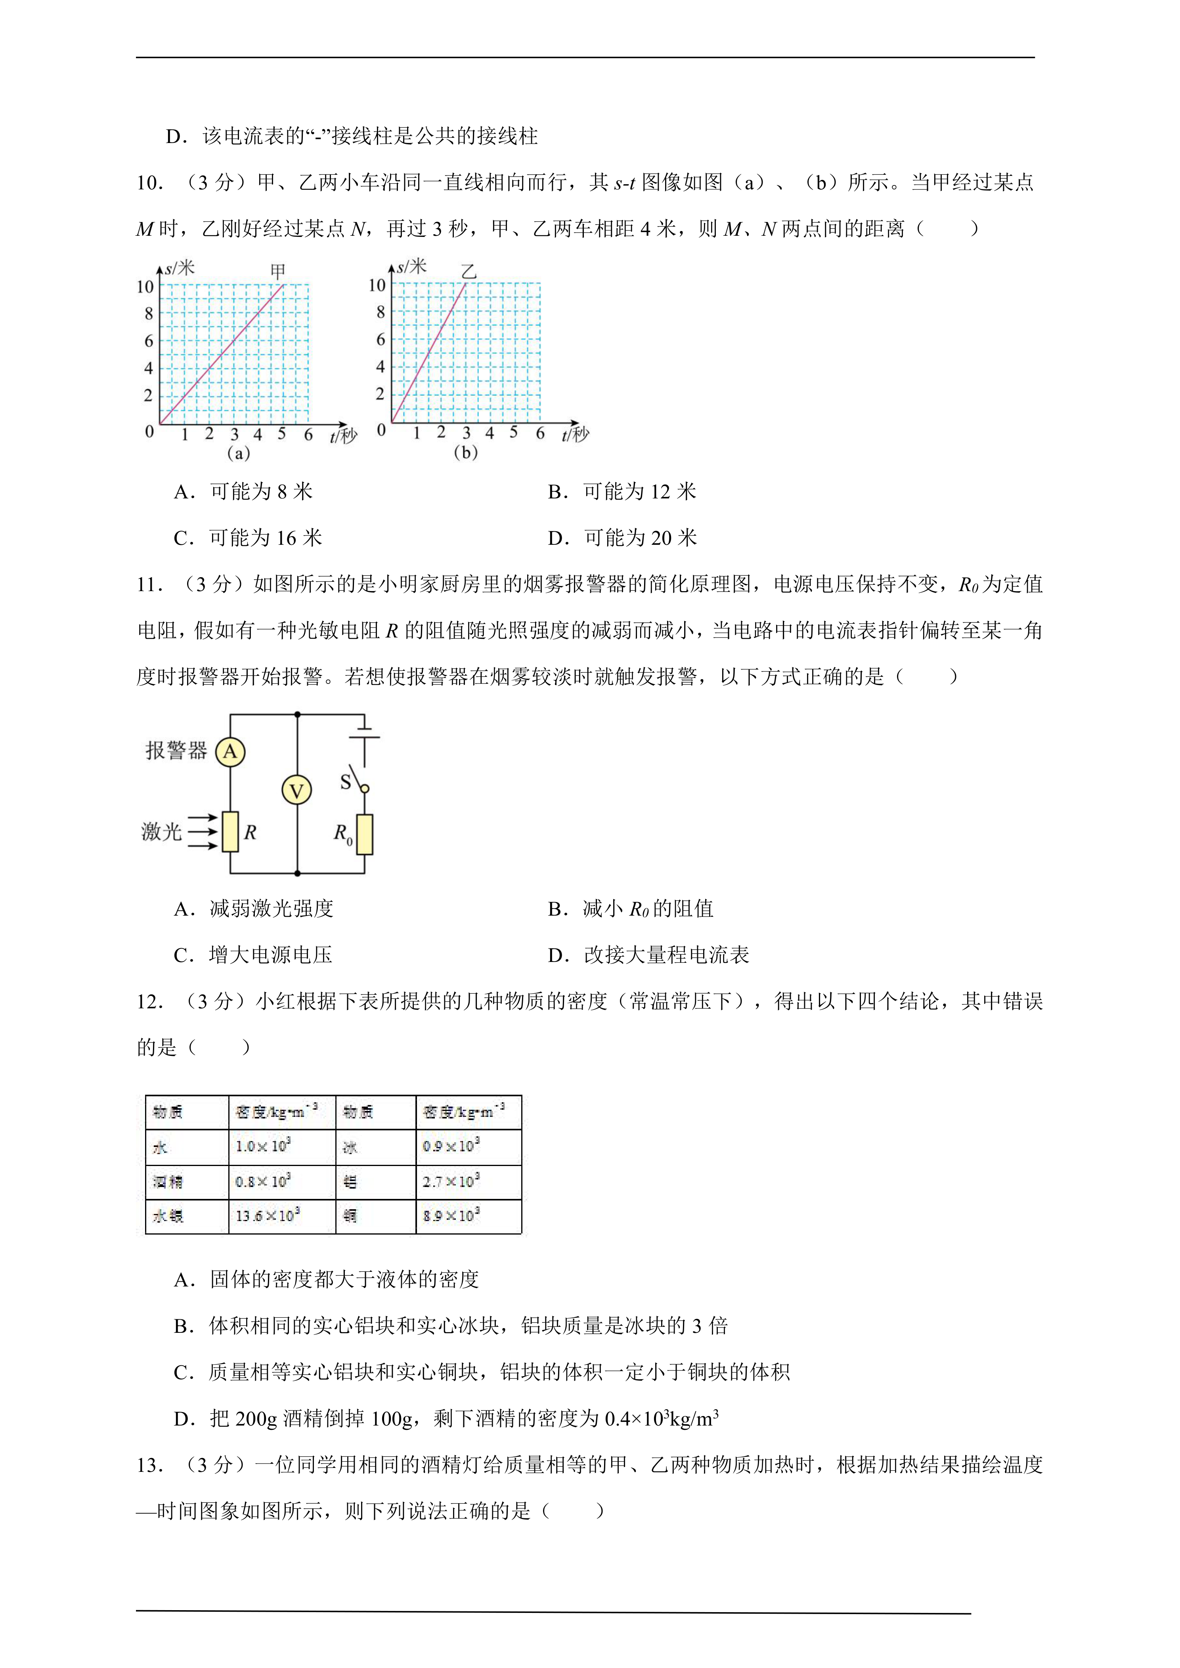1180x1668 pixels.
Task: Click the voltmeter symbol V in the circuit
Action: point(296,790)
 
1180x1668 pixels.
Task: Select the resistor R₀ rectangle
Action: point(365,834)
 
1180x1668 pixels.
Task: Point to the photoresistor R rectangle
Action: point(230,832)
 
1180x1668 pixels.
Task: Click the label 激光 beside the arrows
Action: point(161,831)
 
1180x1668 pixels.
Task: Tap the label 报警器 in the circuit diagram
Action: point(176,750)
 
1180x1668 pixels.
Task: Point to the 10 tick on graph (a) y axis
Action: point(145,287)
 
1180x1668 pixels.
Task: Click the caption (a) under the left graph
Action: point(238,453)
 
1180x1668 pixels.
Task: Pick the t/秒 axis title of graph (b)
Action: point(575,435)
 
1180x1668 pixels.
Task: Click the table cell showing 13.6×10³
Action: point(268,1216)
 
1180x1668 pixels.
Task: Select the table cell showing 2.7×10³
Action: point(451,1181)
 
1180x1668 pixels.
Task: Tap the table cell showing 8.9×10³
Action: point(451,1216)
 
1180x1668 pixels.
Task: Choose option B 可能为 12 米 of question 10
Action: point(622,492)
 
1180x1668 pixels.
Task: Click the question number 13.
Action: point(150,1465)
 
